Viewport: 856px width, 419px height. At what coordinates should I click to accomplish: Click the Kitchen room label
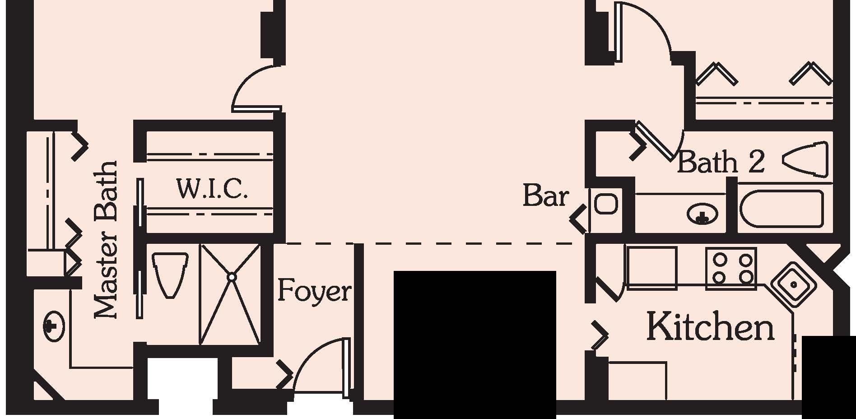(710, 326)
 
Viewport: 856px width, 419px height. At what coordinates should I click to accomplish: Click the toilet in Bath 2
(805, 160)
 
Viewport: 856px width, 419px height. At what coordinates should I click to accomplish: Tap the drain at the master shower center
(231, 276)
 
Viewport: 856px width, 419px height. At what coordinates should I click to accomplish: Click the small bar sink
(606, 204)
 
